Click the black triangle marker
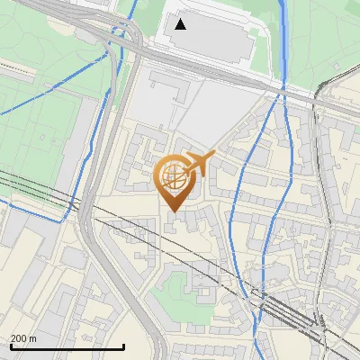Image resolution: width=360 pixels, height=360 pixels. click(181, 23)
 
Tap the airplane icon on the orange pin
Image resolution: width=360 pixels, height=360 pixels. click(200, 163)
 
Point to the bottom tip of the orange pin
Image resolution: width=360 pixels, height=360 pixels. click(172, 211)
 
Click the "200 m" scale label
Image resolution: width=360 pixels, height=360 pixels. click(23, 338)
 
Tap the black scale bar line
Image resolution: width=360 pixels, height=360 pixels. click(67, 346)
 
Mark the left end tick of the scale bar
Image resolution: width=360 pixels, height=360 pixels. click(10, 345)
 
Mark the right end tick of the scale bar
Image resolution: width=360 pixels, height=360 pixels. click(123, 345)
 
